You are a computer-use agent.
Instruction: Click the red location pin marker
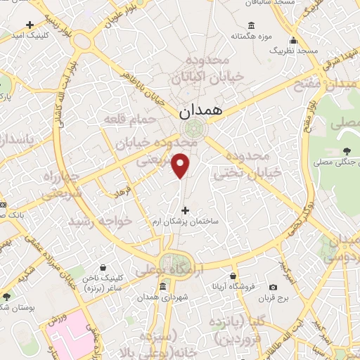182,166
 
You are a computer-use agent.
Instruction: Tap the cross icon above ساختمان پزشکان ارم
186,210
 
